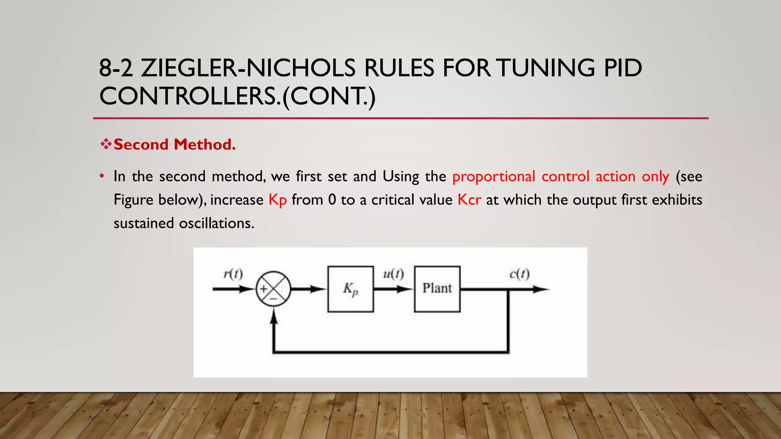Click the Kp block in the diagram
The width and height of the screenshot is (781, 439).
tap(350, 289)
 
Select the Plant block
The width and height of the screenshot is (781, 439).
tap(437, 289)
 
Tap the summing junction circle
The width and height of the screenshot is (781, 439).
tap(273, 289)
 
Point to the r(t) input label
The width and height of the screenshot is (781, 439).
tap(233, 274)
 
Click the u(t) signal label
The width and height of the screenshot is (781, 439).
tap(393, 274)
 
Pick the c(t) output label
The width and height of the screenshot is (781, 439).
tap(519, 274)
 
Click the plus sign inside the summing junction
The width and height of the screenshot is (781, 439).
tap(264, 289)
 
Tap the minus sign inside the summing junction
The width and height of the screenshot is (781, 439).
tap(273, 299)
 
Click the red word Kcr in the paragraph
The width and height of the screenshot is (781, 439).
tap(469, 200)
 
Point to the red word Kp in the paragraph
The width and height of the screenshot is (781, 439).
tap(277, 200)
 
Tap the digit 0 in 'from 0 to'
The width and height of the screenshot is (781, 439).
tap(332, 200)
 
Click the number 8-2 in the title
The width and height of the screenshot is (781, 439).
tap(116, 68)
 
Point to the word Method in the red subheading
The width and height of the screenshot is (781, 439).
tap(204, 144)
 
